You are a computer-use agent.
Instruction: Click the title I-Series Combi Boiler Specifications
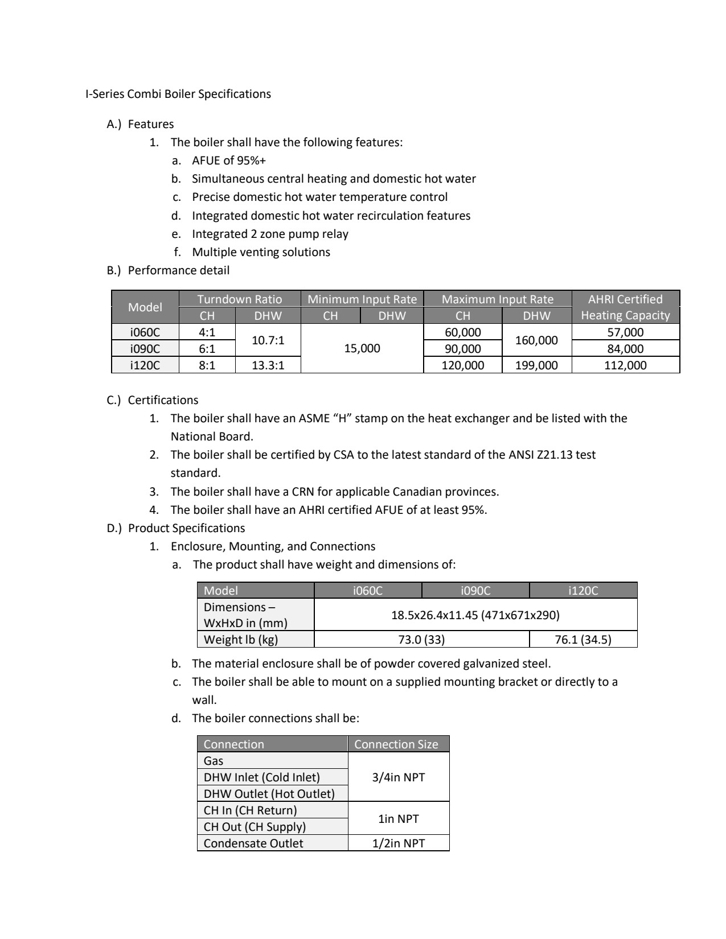tap(178, 94)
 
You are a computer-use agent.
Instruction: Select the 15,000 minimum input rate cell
tap(362, 348)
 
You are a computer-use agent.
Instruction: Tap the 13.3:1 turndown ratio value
tap(268, 365)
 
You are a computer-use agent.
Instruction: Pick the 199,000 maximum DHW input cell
tap(536, 365)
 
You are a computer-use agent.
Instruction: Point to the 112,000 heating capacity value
tap(625, 365)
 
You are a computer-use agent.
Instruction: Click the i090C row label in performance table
tap(145, 349)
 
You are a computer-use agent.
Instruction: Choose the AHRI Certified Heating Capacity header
tap(625, 307)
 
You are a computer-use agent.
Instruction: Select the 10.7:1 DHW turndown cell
tap(268, 340)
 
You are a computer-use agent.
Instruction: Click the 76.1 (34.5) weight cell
tap(583, 640)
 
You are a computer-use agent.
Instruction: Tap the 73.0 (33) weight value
tap(421, 640)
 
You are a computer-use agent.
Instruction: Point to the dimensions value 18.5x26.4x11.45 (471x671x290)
tap(475, 615)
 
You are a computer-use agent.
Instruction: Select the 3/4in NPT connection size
tap(399, 777)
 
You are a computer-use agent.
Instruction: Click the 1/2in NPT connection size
tap(399, 843)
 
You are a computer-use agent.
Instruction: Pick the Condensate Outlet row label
tap(253, 843)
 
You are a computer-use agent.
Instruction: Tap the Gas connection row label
tap(214, 761)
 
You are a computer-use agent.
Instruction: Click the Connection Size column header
tap(396, 744)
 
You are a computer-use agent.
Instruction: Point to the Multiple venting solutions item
tap(261, 252)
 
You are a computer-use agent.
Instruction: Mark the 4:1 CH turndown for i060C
tap(207, 332)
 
